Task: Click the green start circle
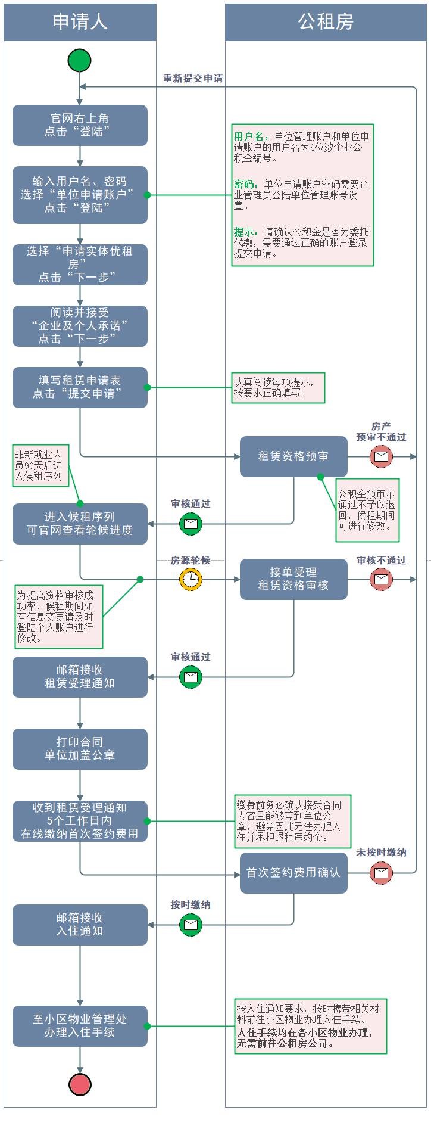[80, 61]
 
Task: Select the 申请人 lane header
[80, 22]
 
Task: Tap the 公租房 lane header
[326, 22]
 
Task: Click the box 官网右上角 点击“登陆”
[80, 125]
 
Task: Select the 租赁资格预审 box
[293, 456]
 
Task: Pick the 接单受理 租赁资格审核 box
[293, 579]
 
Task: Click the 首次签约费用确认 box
[293, 873]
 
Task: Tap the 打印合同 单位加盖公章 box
[80, 749]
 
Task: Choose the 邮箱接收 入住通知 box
[80, 925]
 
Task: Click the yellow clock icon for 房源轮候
[190, 579]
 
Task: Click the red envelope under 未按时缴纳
[381, 873]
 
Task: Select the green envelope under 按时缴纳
[190, 925]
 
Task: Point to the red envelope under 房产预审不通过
[381, 456]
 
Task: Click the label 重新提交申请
[193, 79]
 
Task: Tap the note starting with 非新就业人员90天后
[40, 465]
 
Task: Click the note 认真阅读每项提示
[278, 387]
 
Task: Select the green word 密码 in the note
[245, 185]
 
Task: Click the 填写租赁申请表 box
[80, 387]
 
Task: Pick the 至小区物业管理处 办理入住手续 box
[80, 1026]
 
